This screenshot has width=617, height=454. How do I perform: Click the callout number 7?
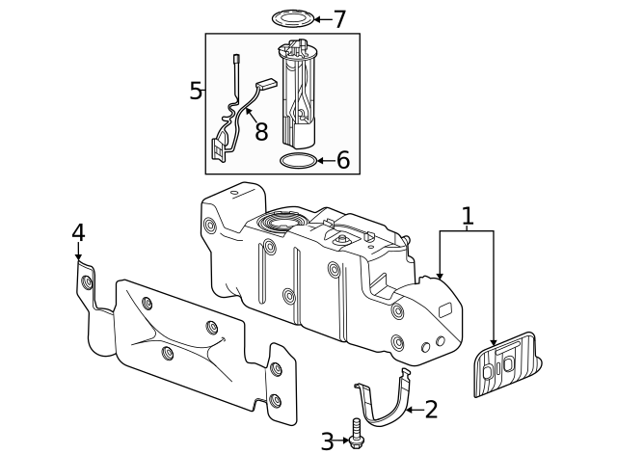point(338,18)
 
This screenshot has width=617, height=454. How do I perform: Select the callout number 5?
point(196,92)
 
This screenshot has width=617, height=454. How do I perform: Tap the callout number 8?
point(260,131)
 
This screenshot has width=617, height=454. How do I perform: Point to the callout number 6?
point(342,160)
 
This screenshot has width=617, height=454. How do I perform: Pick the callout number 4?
point(78,232)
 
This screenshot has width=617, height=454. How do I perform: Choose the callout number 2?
point(431,410)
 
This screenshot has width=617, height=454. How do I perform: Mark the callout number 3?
point(327,441)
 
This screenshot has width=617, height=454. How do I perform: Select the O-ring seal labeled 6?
point(297,160)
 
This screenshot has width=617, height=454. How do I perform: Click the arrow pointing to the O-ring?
point(325,160)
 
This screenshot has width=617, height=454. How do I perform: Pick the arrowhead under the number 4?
point(78,255)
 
